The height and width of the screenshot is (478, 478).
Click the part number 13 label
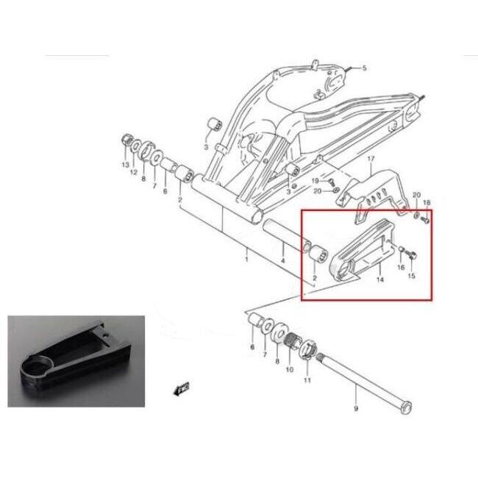126,165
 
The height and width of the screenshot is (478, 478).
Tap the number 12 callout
134,172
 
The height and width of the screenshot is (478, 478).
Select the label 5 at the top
365,68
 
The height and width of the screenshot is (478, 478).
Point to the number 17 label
371,159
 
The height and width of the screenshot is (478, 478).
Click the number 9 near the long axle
356,408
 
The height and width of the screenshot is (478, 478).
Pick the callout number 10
289,369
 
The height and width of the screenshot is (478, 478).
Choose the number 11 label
307,380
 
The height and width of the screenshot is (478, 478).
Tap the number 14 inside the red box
380,279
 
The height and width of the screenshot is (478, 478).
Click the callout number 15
411,276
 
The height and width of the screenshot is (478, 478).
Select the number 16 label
401,268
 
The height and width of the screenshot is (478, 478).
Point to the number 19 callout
315,181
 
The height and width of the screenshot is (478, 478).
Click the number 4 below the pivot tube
283,260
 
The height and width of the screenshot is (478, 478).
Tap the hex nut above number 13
126,140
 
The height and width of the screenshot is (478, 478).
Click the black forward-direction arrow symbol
182,389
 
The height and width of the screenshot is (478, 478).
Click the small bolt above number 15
412,255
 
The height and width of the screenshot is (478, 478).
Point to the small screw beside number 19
331,182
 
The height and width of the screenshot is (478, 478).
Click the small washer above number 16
402,251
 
